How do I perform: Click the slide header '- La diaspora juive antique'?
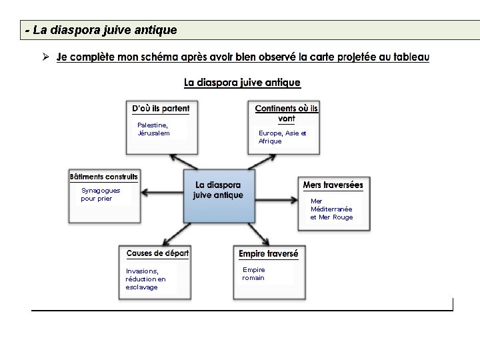click(x=101, y=30)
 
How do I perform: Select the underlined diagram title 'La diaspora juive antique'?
click(x=242, y=83)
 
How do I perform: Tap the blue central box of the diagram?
click(x=219, y=195)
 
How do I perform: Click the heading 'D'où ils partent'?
click(x=160, y=109)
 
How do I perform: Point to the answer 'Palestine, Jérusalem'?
click(x=153, y=129)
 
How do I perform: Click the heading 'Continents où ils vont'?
click(x=286, y=113)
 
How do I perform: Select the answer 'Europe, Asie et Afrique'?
click(x=282, y=137)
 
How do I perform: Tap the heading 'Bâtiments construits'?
click(x=104, y=177)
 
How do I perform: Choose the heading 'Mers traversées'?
click(x=333, y=185)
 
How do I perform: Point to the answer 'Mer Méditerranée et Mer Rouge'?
click(x=331, y=209)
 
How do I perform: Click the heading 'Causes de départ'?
click(x=157, y=253)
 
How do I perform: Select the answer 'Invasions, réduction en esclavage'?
click(x=145, y=279)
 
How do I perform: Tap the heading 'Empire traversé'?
click(x=269, y=254)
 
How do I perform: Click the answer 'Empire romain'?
click(x=253, y=273)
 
